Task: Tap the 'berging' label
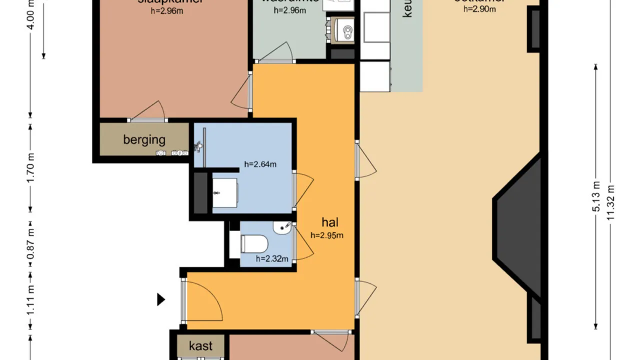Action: [x=144, y=139]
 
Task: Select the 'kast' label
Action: [x=200, y=345]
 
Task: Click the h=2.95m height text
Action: [x=327, y=235]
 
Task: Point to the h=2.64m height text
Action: [x=260, y=163]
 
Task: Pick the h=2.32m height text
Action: [x=272, y=258]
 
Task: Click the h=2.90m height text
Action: [x=479, y=8]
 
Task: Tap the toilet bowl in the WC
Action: [x=254, y=244]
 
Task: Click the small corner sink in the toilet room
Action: [x=282, y=228]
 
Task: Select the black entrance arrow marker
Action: [x=161, y=299]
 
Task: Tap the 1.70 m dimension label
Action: [x=31, y=167]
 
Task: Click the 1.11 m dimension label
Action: [x=31, y=300]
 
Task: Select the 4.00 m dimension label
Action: [x=31, y=15]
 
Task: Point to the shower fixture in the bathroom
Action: [x=199, y=145]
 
